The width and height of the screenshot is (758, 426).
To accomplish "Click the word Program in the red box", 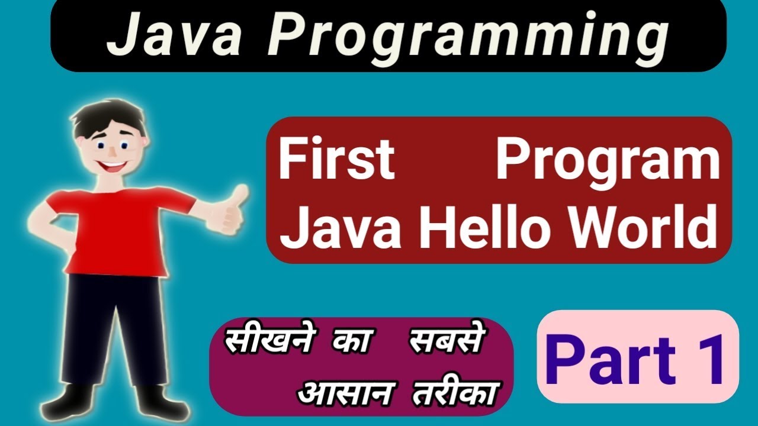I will point(608,161).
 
